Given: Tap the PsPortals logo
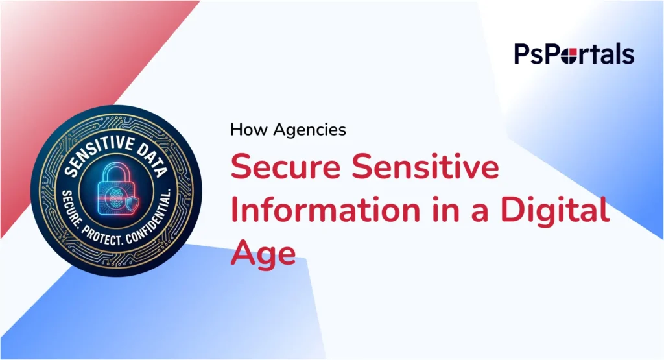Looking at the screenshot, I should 574,54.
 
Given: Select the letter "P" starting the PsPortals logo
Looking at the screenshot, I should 523,54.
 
